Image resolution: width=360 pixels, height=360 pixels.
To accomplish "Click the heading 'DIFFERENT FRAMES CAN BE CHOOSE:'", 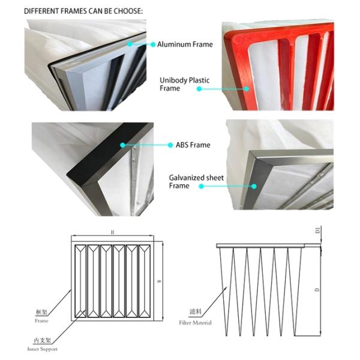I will [83, 11].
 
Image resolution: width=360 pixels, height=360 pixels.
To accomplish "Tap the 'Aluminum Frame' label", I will [181, 44].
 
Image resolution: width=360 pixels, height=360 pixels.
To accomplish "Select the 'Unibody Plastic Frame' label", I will [181, 83].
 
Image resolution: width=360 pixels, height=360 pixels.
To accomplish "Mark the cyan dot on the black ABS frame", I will [122, 145].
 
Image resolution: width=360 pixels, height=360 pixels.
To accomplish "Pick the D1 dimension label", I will [318, 230].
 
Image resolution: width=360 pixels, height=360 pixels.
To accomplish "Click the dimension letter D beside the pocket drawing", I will [318, 290].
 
